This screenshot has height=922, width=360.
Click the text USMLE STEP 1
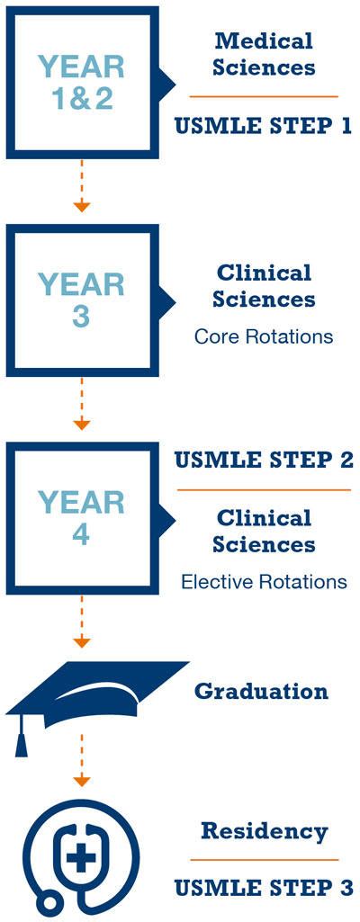263,126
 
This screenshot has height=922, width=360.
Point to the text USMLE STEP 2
264,461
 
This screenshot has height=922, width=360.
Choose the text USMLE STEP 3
264,888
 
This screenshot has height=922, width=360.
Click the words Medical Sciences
264,54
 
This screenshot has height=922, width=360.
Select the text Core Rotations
264,337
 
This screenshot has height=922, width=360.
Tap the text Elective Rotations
264,582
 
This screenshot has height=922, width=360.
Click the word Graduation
261,691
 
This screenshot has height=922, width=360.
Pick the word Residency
264,831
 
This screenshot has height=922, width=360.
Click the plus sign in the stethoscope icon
81,858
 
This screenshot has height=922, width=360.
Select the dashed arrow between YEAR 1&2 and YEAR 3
82,185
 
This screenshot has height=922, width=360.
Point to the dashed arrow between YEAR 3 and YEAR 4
82,403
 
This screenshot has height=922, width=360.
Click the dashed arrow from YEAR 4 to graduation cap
82,621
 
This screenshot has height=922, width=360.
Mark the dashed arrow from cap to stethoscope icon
82,760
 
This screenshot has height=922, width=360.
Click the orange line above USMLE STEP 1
264,96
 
